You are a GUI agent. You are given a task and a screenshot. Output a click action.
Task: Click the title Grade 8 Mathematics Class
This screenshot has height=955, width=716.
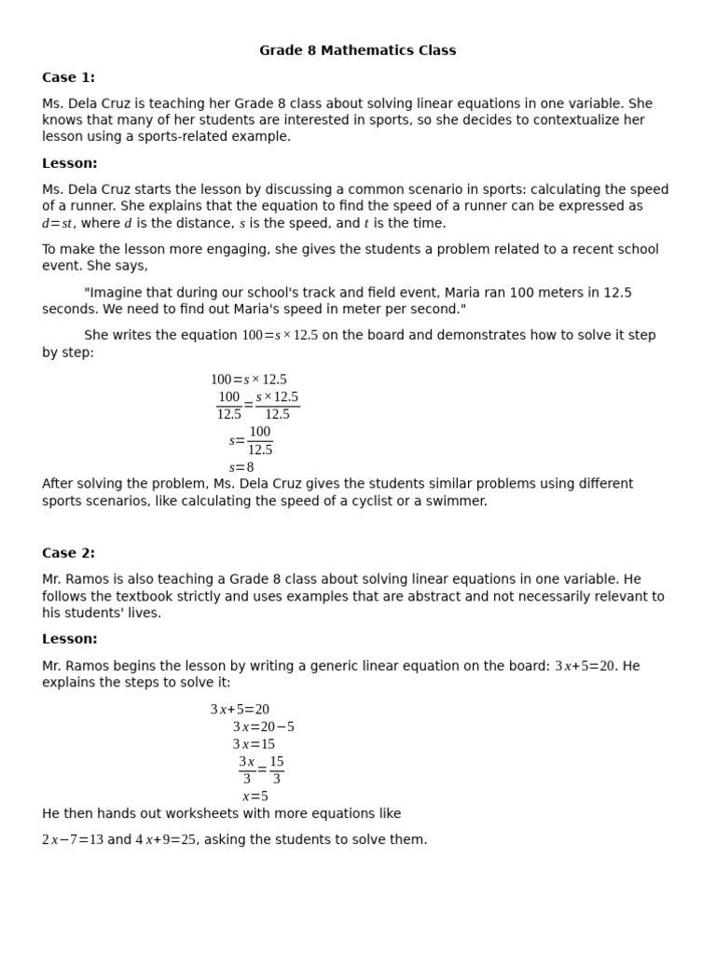358,50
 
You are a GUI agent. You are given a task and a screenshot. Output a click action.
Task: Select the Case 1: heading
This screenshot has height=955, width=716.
68,77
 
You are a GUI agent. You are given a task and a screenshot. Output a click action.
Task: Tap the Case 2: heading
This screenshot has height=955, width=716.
68,553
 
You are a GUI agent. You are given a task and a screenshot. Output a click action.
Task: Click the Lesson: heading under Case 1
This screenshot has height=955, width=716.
70,163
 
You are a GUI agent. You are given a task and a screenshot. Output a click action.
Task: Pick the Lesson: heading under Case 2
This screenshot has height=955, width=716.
70,639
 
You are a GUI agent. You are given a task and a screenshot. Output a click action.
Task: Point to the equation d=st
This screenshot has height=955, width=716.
57,224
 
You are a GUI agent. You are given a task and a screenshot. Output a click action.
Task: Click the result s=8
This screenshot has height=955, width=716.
241,467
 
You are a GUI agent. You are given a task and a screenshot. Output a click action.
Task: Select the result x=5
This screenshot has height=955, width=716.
255,796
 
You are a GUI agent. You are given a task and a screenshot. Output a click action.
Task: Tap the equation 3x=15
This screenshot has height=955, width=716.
254,744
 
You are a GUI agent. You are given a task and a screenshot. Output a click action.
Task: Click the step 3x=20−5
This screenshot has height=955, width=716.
263,727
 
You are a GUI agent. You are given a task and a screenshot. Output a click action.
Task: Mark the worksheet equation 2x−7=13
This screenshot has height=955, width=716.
73,840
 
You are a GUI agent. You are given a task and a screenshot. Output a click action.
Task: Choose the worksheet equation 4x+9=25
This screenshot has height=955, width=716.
166,840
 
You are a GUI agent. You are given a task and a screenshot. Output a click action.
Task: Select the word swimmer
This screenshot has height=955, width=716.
457,501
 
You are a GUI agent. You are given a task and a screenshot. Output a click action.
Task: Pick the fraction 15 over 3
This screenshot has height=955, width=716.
277,769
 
